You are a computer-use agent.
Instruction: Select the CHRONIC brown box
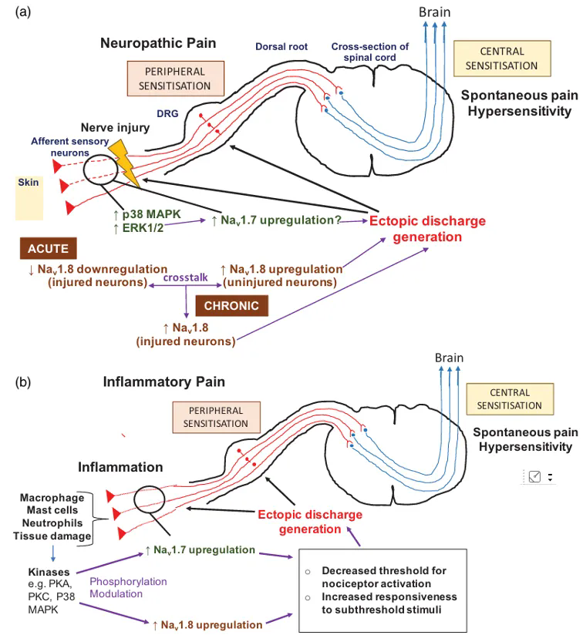point(232,306)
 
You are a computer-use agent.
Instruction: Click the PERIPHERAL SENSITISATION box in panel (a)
point(174,78)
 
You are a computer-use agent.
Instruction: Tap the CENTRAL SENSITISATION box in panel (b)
point(509,398)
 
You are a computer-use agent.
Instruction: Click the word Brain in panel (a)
point(434,12)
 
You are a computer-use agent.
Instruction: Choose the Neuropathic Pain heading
point(158,42)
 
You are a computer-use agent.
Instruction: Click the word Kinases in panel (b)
point(50,573)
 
